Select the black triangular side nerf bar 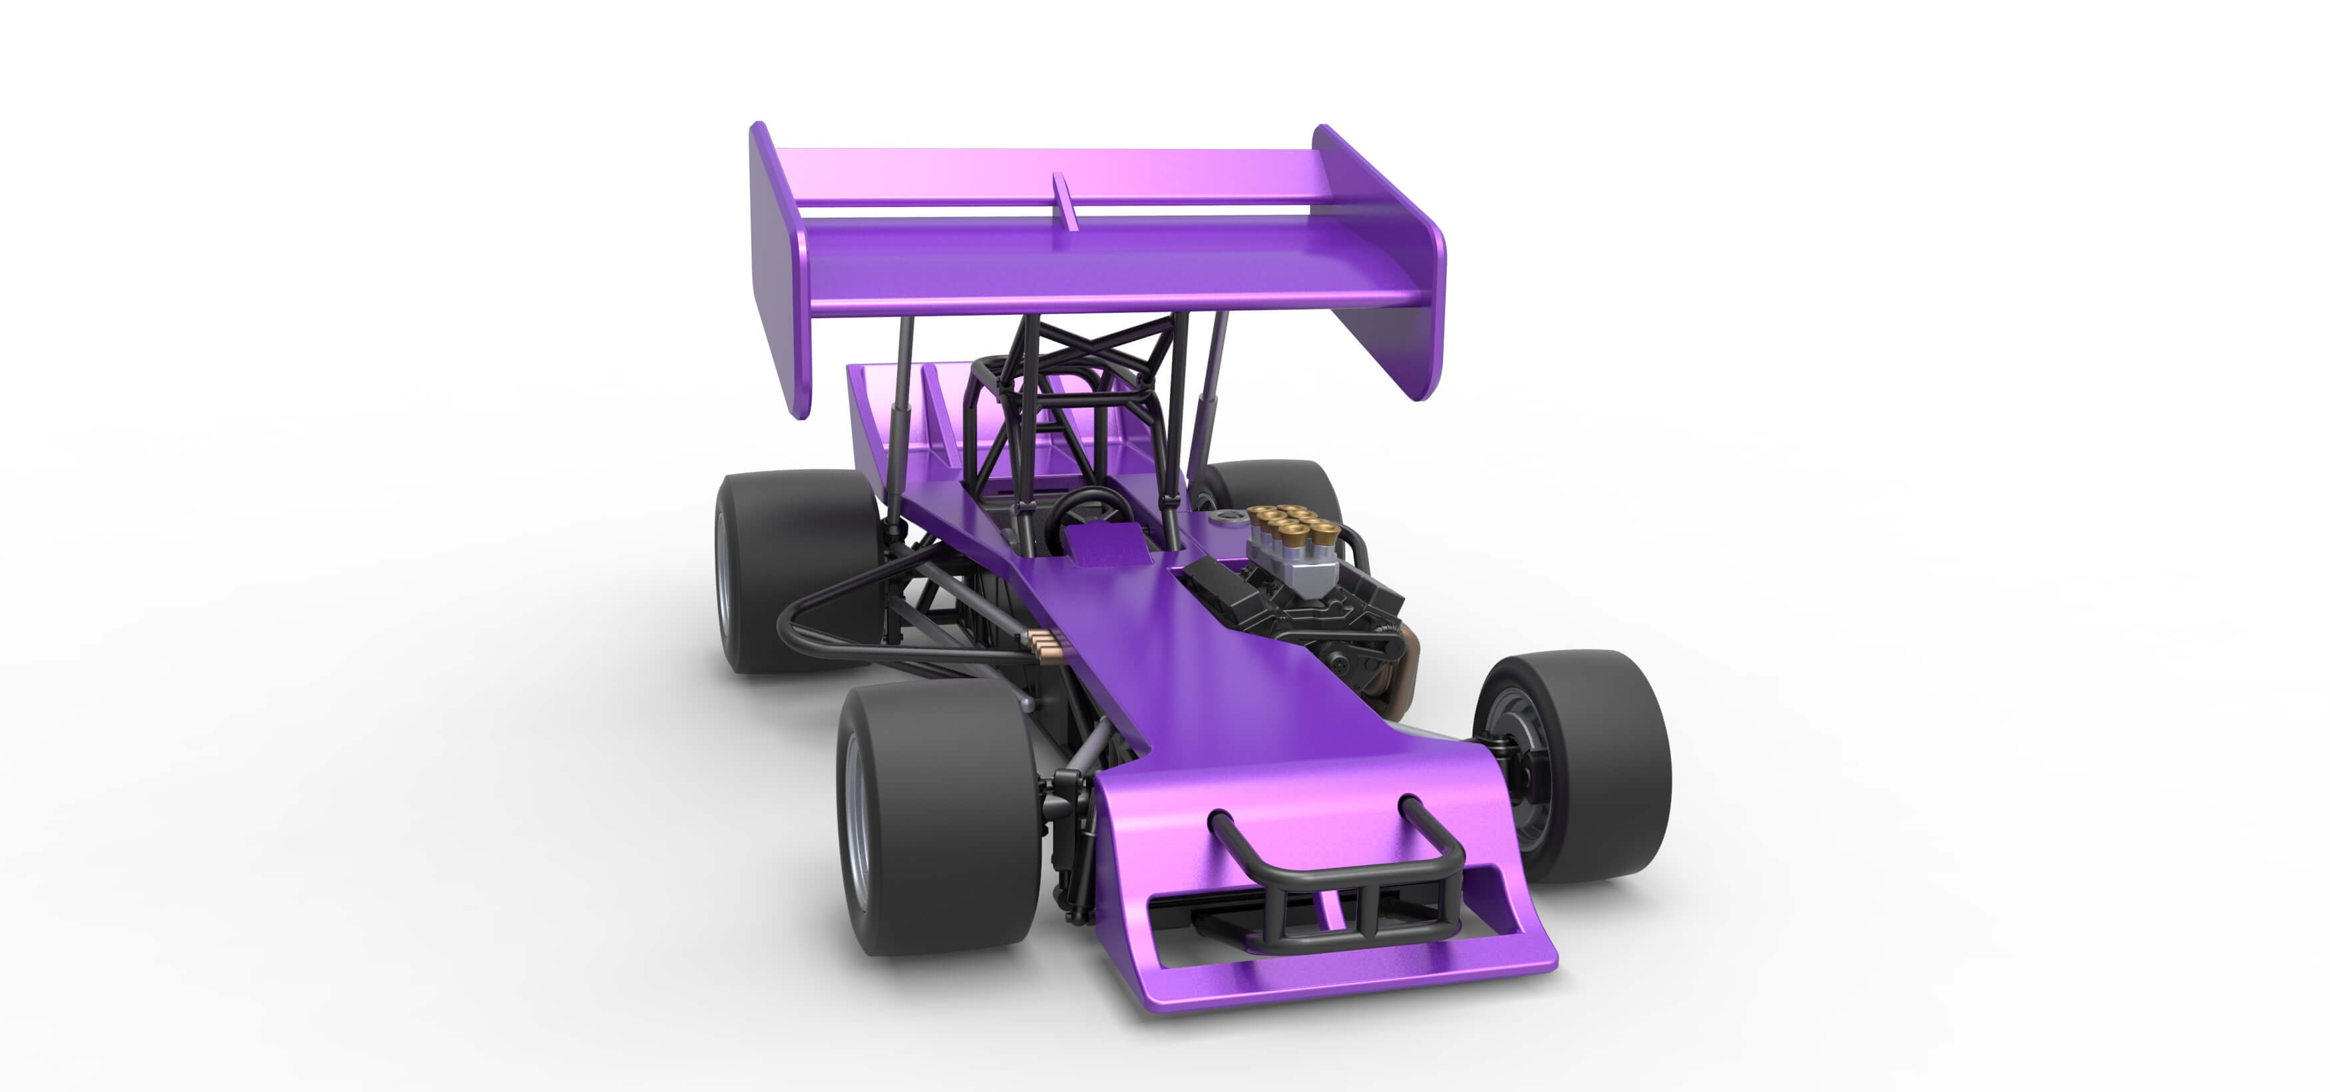tap(841, 624)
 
